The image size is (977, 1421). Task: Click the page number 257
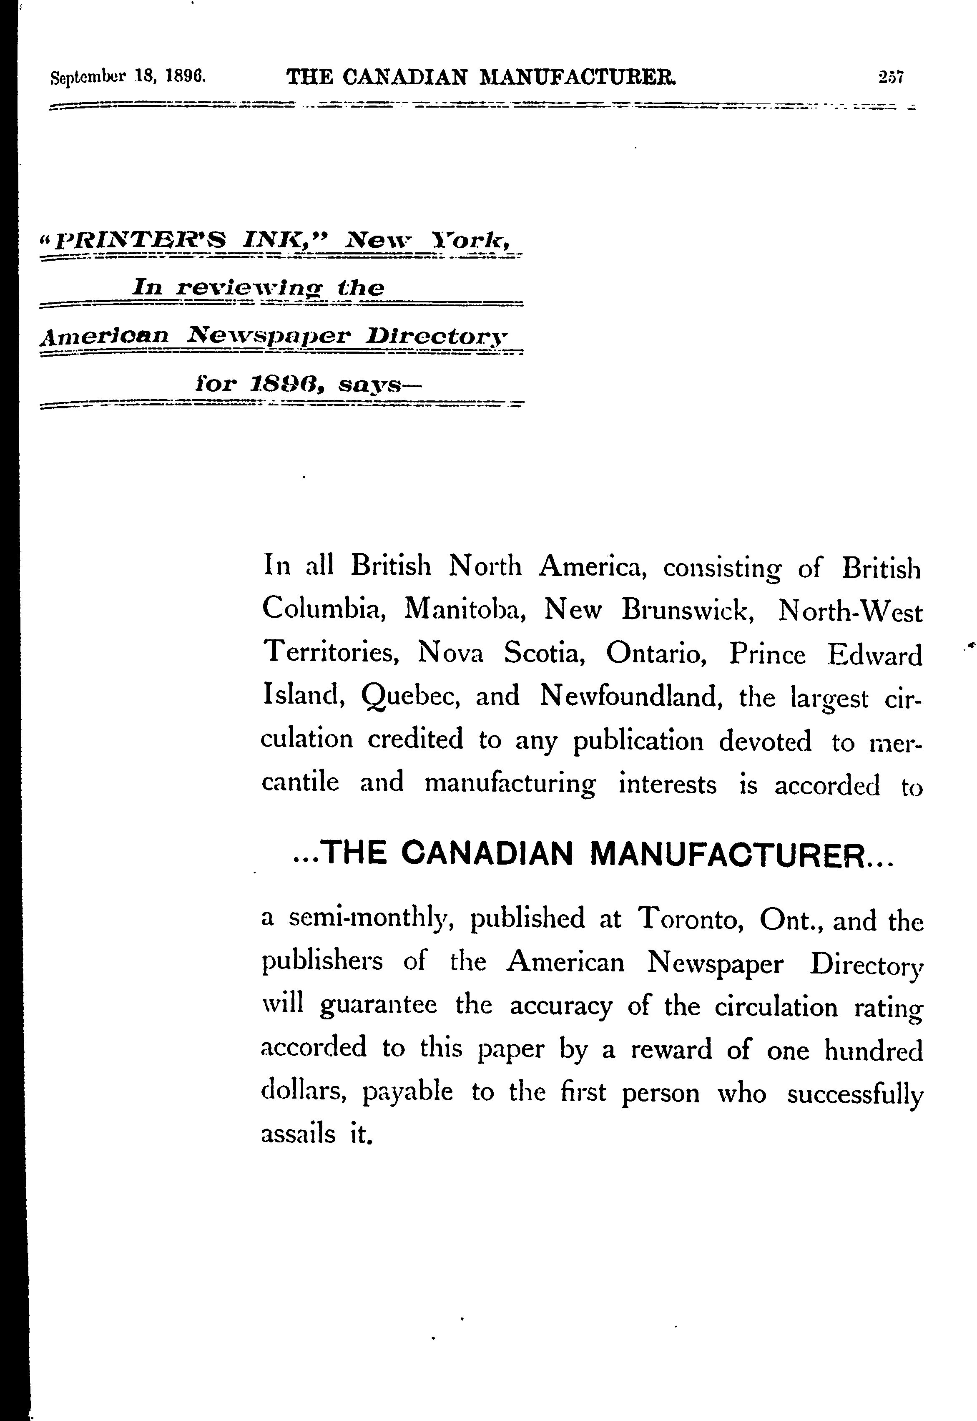coord(891,78)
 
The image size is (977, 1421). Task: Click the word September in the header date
coord(88,78)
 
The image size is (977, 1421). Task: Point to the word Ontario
coord(657,654)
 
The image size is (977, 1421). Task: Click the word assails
coord(298,1134)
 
